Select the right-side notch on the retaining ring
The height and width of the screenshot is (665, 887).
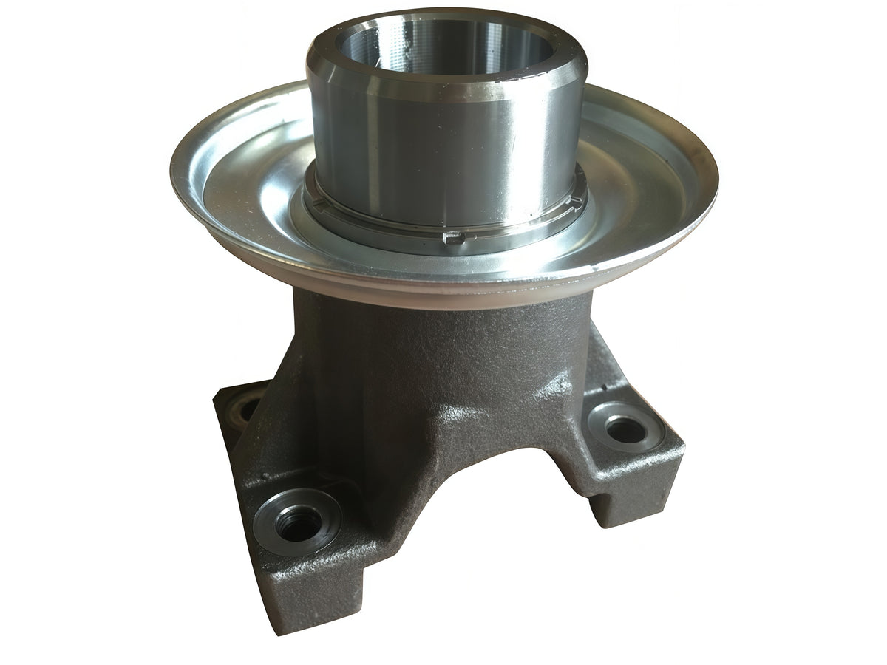[574, 199]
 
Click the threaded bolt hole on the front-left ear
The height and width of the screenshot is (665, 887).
[299, 523]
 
